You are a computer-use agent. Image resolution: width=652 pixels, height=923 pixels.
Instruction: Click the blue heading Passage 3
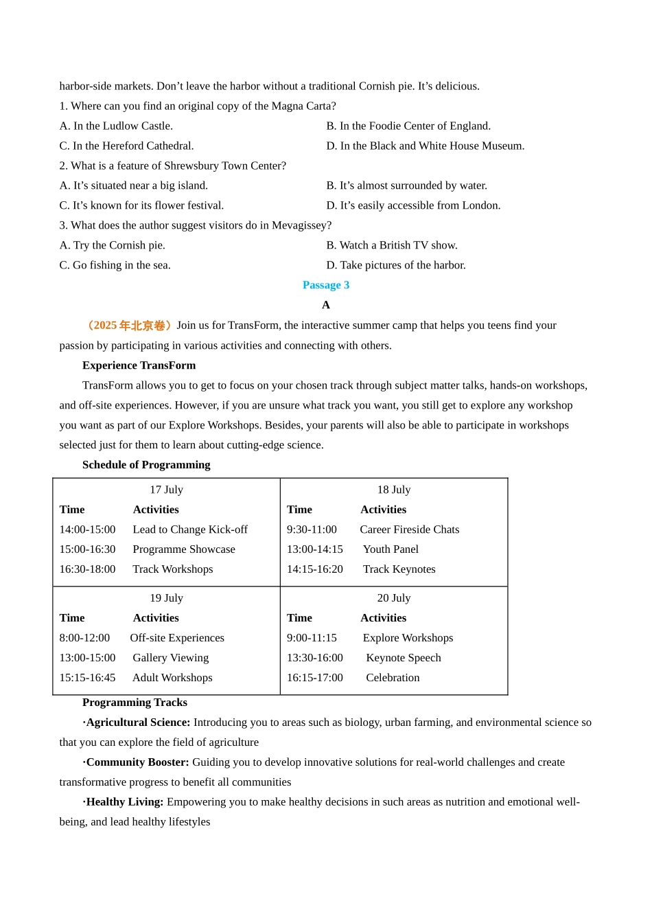pos(325,285)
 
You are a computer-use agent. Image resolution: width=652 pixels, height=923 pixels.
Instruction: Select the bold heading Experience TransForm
pos(139,365)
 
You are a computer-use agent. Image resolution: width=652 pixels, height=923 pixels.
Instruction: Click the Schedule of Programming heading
pos(146,465)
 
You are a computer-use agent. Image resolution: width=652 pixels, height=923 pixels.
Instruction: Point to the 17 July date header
pos(166,490)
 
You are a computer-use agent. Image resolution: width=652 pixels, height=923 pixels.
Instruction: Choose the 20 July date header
pos(393,598)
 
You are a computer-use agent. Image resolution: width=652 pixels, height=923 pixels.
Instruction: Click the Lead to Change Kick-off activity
pos(190,529)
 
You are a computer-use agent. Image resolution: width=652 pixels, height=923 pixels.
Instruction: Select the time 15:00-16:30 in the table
pos(87,549)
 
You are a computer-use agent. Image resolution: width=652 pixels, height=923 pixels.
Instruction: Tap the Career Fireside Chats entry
pos(409,529)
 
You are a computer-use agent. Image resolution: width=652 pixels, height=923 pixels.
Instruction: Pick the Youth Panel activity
pos(391,549)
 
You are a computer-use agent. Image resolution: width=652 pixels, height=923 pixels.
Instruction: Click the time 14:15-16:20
pos(314,569)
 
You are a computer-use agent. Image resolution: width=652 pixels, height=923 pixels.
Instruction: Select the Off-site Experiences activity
pos(177,638)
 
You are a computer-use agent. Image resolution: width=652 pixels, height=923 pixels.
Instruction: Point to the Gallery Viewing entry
pos(170,658)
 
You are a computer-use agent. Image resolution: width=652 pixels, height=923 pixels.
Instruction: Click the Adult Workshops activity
pos(172,678)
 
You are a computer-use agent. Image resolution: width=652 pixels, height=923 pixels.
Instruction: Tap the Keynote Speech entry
pos(403,658)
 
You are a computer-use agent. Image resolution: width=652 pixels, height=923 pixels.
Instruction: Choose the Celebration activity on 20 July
pos(393,678)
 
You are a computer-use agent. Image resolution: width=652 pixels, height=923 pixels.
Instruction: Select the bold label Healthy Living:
pos(124,802)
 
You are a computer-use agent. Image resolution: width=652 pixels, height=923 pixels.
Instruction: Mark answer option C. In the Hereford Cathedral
pos(126,146)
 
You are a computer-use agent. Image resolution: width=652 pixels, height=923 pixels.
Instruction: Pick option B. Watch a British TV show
pos(391,245)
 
